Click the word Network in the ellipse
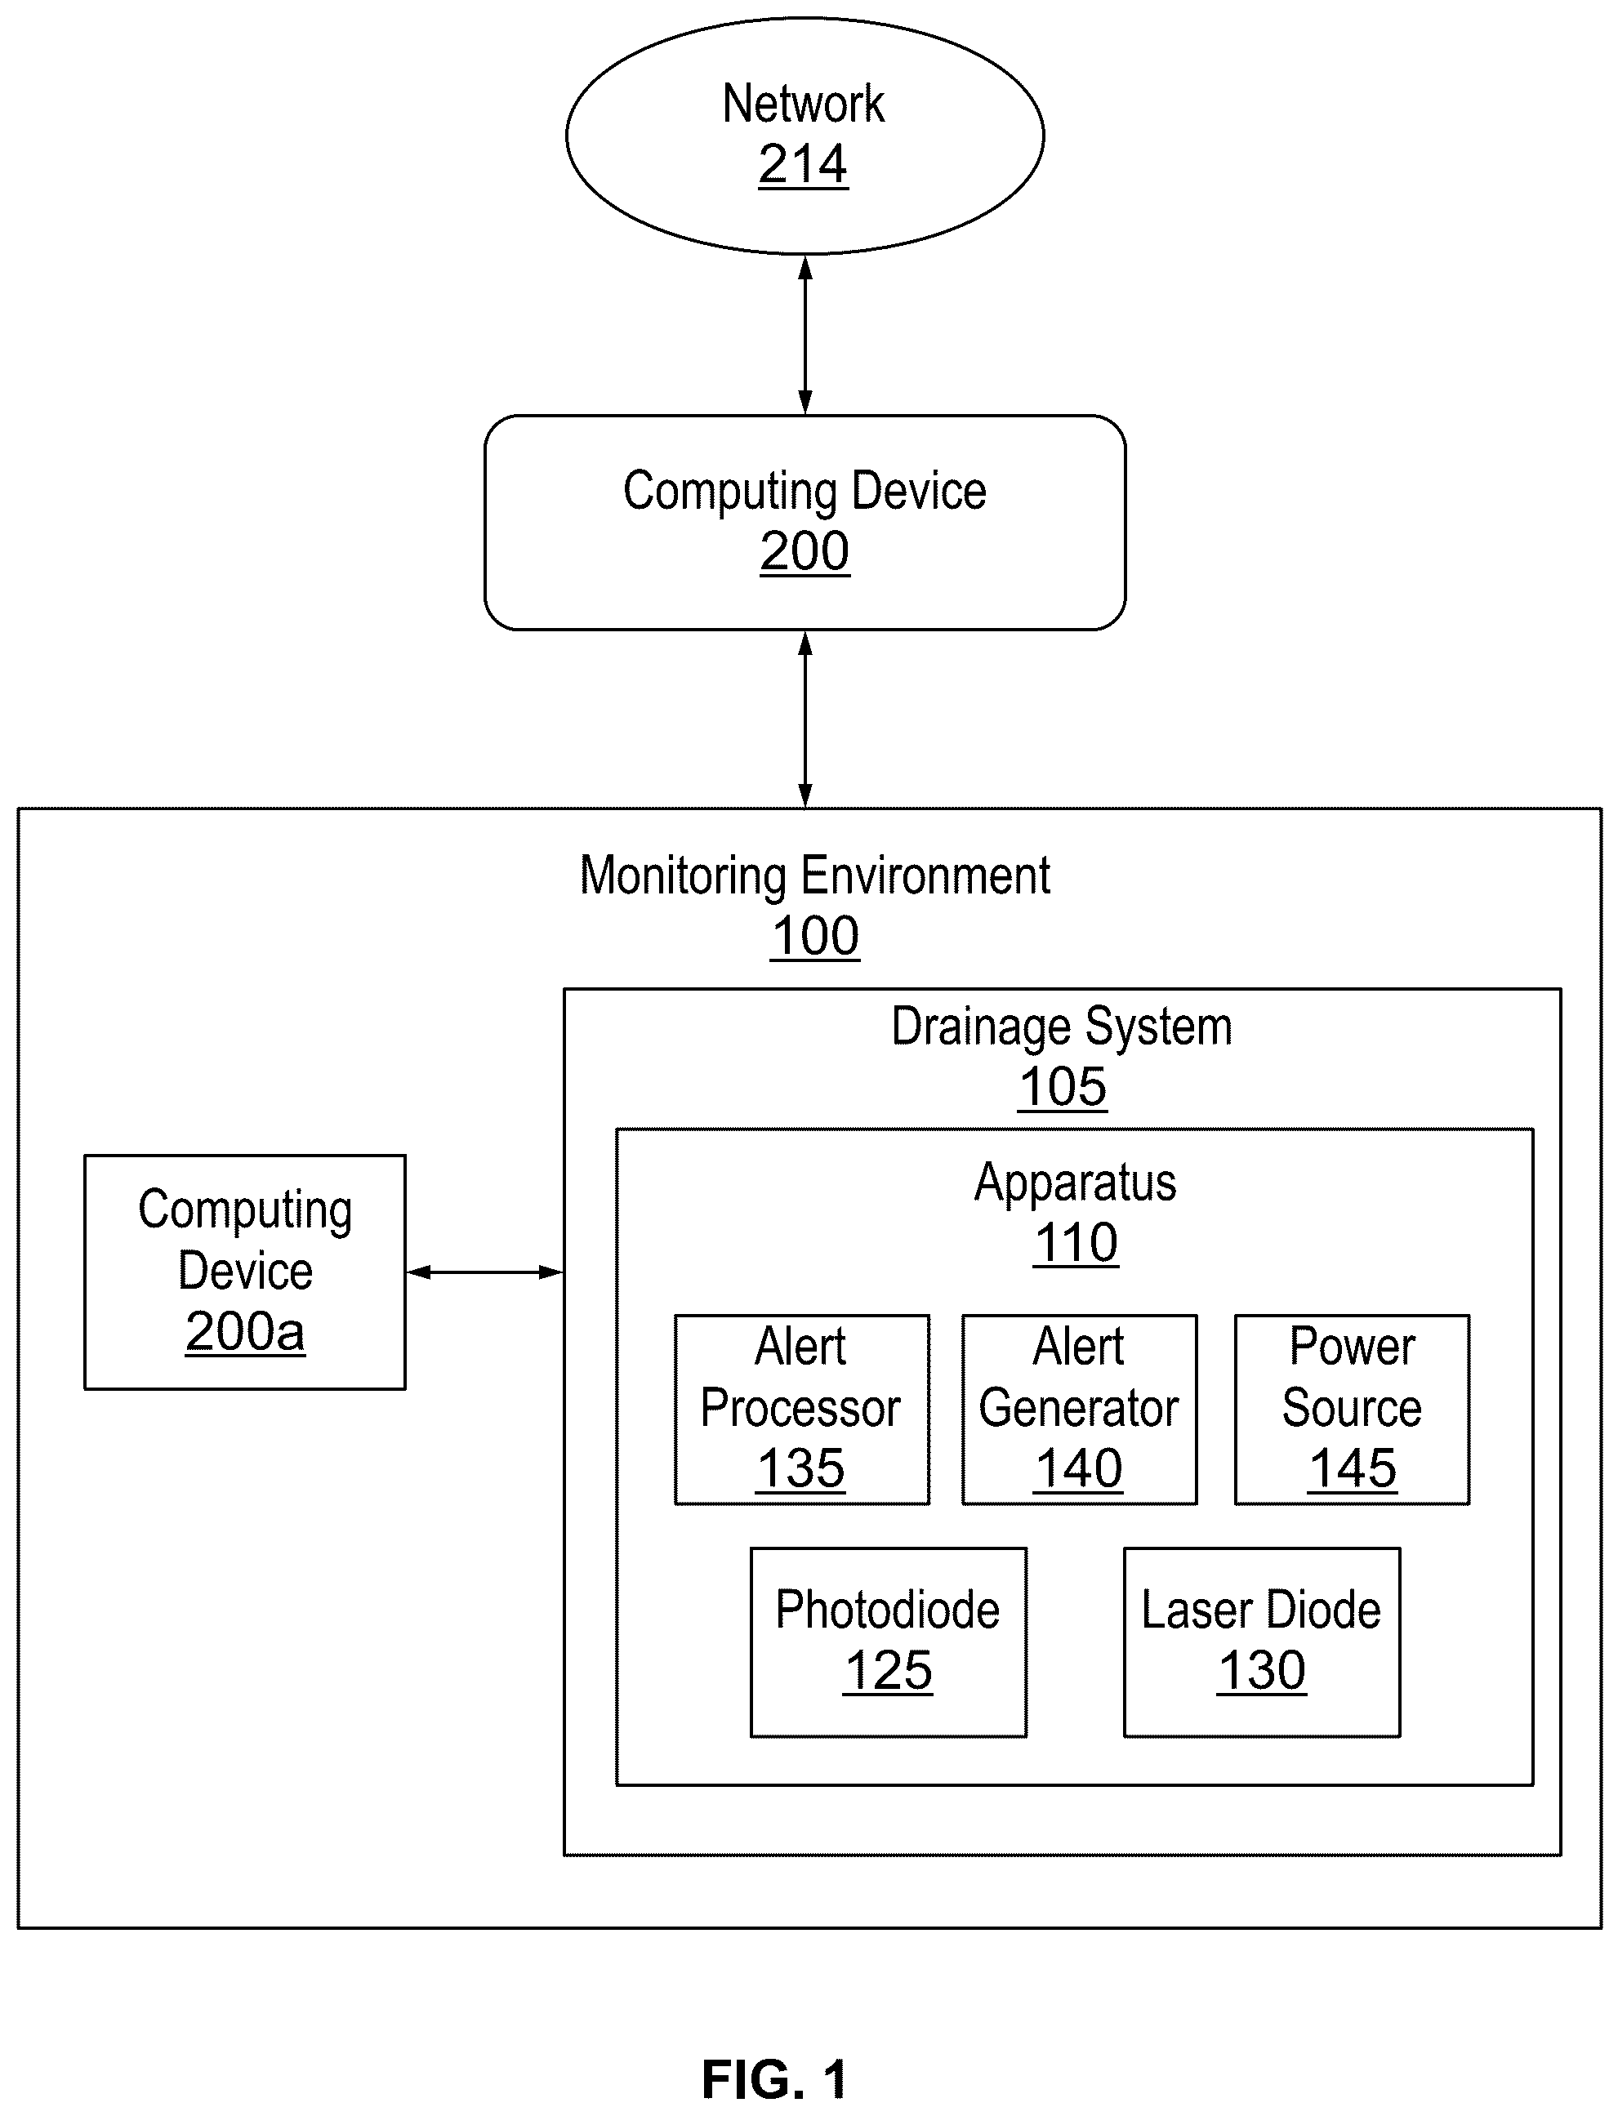[x=803, y=103]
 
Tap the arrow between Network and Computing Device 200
[x=805, y=335]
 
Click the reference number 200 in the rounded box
[x=805, y=551]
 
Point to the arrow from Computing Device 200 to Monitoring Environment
[x=805, y=719]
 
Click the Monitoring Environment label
[x=815, y=875]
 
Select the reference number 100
[x=815, y=936]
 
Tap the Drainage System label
[x=1061, y=1027]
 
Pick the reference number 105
[x=1063, y=1087]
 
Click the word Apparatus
[x=1075, y=1183]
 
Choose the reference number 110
[x=1076, y=1244]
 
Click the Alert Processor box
[x=801, y=1409]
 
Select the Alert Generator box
[x=1079, y=1409]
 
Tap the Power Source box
[x=1353, y=1409]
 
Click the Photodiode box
[x=888, y=1642]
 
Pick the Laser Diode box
[x=1262, y=1642]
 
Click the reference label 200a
[x=245, y=1332]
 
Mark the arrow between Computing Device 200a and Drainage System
[x=484, y=1272]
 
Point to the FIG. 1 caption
[x=774, y=2078]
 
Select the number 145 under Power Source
[x=1353, y=1468]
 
